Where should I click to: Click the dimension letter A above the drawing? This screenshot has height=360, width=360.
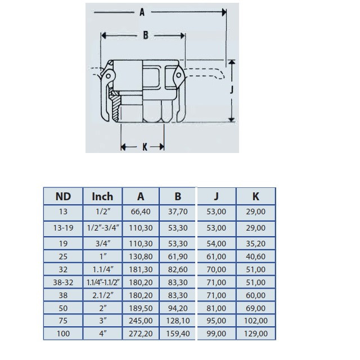pyautogui.click(x=142, y=12)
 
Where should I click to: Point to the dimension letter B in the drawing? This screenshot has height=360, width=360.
pyautogui.click(x=146, y=35)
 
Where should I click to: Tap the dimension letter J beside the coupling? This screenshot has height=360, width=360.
pyautogui.click(x=232, y=89)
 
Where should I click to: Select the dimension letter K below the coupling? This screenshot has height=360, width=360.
pyautogui.click(x=145, y=147)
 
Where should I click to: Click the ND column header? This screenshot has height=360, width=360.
pyautogui.click(x=63, y=196)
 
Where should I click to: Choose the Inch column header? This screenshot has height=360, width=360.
pyautogui.click(x=102, y=196)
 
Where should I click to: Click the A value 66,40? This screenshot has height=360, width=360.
pyautogui.click(x=141, y=211)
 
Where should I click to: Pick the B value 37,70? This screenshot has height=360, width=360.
pyautogui.click(x=178, y=211)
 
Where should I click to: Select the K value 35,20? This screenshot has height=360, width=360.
pyautogui.click(x=255, y=244)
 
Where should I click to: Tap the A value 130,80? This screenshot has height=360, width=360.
pyautogui.click(x=141, y=256)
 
